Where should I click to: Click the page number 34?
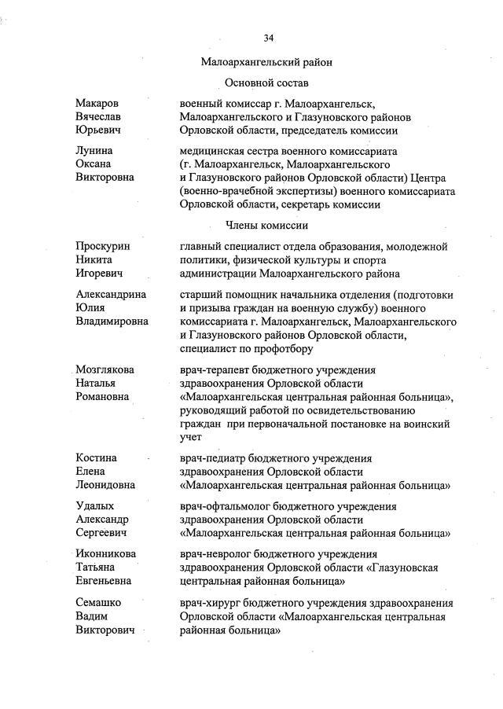(268, 38)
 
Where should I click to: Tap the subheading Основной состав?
(266, 82)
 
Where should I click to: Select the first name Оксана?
(93, 163)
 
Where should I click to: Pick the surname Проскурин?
(103, 247)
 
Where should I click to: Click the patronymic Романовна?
(105, 396)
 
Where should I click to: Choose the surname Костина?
(97, 457)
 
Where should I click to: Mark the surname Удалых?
(94, 506)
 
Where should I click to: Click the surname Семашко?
(98, 603)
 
